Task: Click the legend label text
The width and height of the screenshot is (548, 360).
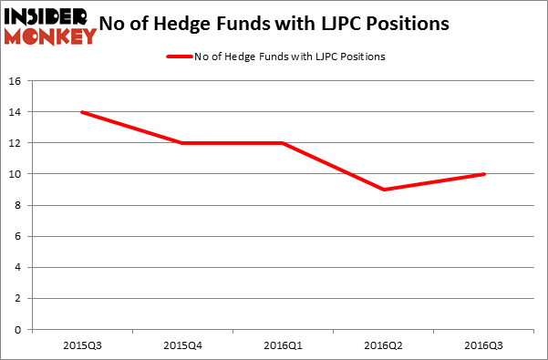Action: [289, 57]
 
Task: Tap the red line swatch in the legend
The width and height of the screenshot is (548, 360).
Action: [178, 57]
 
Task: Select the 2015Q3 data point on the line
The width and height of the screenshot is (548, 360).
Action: [82, 112]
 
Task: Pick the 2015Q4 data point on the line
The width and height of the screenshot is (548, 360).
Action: [182, 143]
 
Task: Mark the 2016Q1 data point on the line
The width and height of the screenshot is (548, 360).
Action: [284, 143]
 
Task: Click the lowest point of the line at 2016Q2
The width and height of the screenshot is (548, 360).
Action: [385, 190]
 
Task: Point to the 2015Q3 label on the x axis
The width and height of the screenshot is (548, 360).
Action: [82, 345]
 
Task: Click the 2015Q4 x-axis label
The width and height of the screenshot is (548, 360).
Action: [182, 345]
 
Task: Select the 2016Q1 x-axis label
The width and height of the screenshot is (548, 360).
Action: [284, 345]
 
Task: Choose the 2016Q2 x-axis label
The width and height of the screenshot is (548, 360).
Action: [385, 345]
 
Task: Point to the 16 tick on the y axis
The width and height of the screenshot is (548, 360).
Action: [16, 81]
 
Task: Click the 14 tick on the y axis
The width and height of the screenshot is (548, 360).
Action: [16, 112]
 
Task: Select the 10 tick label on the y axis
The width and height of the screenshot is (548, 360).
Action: [16, 174]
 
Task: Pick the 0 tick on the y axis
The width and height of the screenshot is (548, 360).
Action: [19, 330]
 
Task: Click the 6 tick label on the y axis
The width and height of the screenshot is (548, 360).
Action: [19, 236]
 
